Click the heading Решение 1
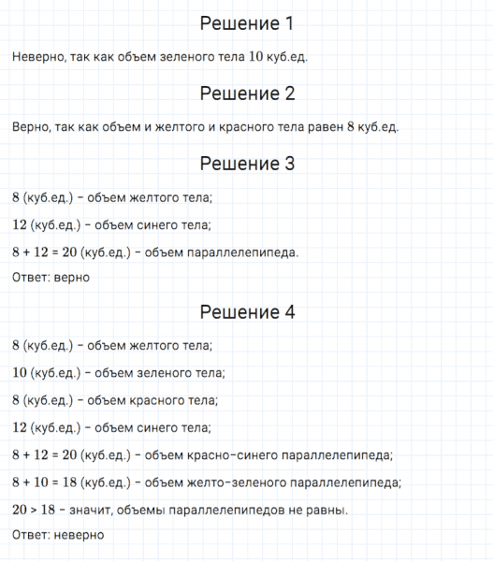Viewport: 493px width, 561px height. pos(247,22)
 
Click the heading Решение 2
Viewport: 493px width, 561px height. pos(247,93)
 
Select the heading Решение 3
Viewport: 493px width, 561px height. pos(247,164)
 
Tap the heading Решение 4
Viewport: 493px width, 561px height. pos(247,312)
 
